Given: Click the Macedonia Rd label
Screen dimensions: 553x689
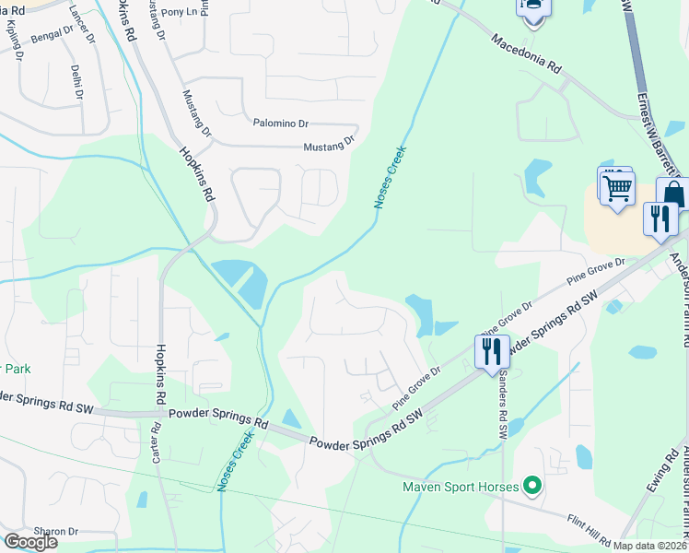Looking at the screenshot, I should [x=526, y=54].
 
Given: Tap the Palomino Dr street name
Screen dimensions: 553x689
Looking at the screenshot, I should [x=281, y=123].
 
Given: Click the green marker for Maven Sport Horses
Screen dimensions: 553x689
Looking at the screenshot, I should [x=531, y=485].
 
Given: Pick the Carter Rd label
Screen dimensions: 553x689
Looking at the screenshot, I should [x=156, y=441].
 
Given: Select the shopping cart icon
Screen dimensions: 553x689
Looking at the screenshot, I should [x=616, y=187].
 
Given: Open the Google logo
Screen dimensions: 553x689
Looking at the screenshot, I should [x=30, y=542].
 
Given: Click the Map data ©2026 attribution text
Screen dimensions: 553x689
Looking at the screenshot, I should [x=650, y=546].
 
